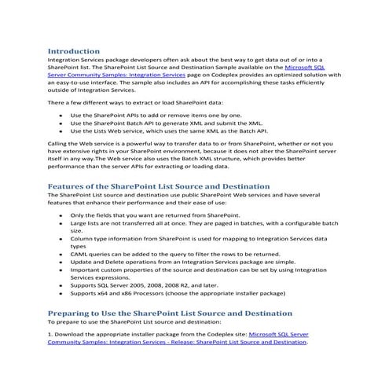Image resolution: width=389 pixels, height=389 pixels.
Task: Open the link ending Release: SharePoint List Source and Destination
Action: tap(178, 343)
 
